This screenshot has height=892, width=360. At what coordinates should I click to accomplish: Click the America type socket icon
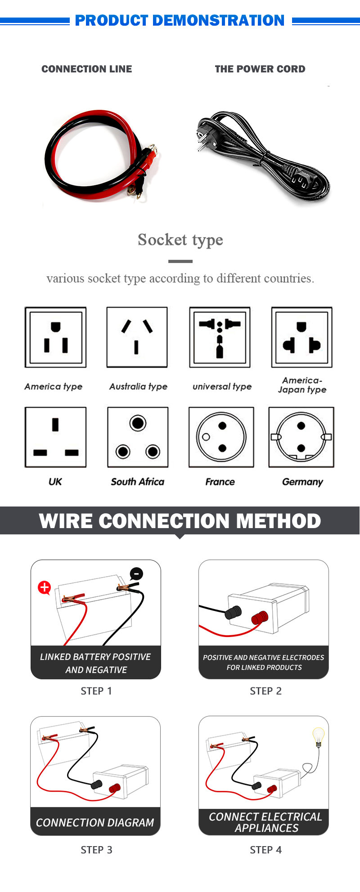click(55, 337)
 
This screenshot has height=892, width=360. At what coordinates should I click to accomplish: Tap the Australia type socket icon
click(137, 337)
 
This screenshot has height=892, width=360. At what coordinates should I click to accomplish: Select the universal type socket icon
click(220, 337)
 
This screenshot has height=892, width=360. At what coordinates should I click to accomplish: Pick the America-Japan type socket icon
click(301, 337)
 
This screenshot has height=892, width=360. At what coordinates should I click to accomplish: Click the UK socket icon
click(55, 437)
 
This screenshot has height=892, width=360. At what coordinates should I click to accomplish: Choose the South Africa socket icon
click(138, 437)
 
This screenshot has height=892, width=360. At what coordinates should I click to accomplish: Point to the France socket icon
click(221, 437)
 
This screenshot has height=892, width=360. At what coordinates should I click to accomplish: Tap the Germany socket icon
click(301, 437)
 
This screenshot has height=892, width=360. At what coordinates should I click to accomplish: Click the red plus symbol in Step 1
click(45, 587)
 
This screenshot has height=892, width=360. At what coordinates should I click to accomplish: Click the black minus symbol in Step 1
click(136, 574)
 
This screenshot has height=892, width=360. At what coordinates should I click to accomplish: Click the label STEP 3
click(96, 850)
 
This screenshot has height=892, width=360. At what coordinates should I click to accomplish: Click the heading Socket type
click(180, 240)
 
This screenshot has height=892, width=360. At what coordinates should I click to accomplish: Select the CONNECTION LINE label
click(87, 69)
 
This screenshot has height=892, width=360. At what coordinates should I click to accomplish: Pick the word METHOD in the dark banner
click(279, 521)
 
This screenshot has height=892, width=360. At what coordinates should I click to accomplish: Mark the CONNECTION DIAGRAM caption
click(95, 823)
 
